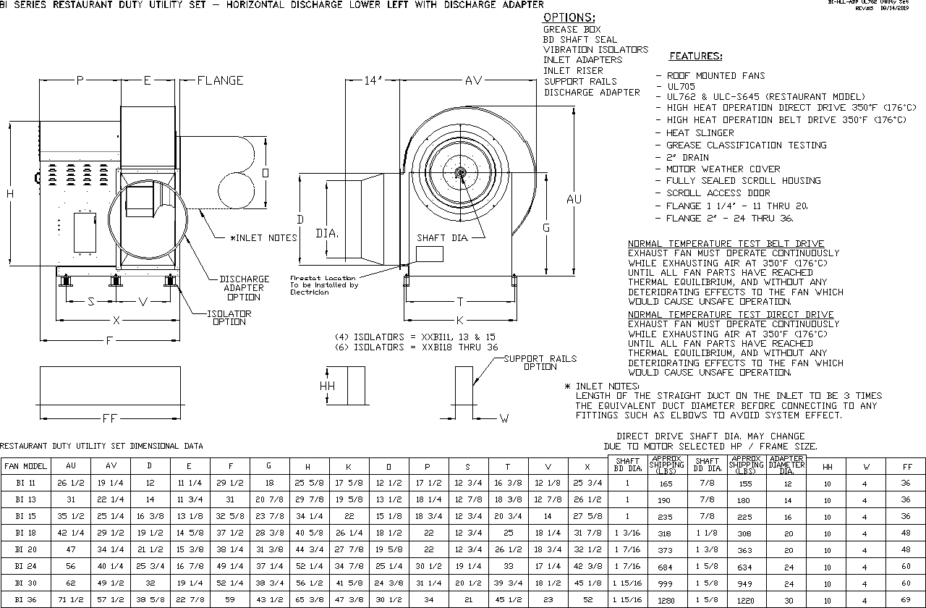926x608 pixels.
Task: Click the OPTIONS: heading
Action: pos(569,17)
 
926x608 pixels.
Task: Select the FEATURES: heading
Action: pos(695,56)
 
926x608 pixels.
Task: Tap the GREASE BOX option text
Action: pos(572,30)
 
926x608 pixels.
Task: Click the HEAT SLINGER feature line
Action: pos(700,133)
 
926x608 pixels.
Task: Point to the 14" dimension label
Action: pos(372,80)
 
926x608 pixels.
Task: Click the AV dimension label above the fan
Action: pos(473,80)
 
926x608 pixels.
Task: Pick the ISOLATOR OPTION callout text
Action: pos(229,318)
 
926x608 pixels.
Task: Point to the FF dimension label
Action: pos(110,418)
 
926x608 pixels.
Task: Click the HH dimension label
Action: pos(327,387)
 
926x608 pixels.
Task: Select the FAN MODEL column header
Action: pos(25,467)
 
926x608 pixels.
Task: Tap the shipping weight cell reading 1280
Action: pos(666,600)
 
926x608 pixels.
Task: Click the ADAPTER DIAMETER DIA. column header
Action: pos(788,465)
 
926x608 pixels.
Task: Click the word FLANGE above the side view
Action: pos(220,80)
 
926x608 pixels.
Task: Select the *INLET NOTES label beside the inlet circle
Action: pos(263,237)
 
